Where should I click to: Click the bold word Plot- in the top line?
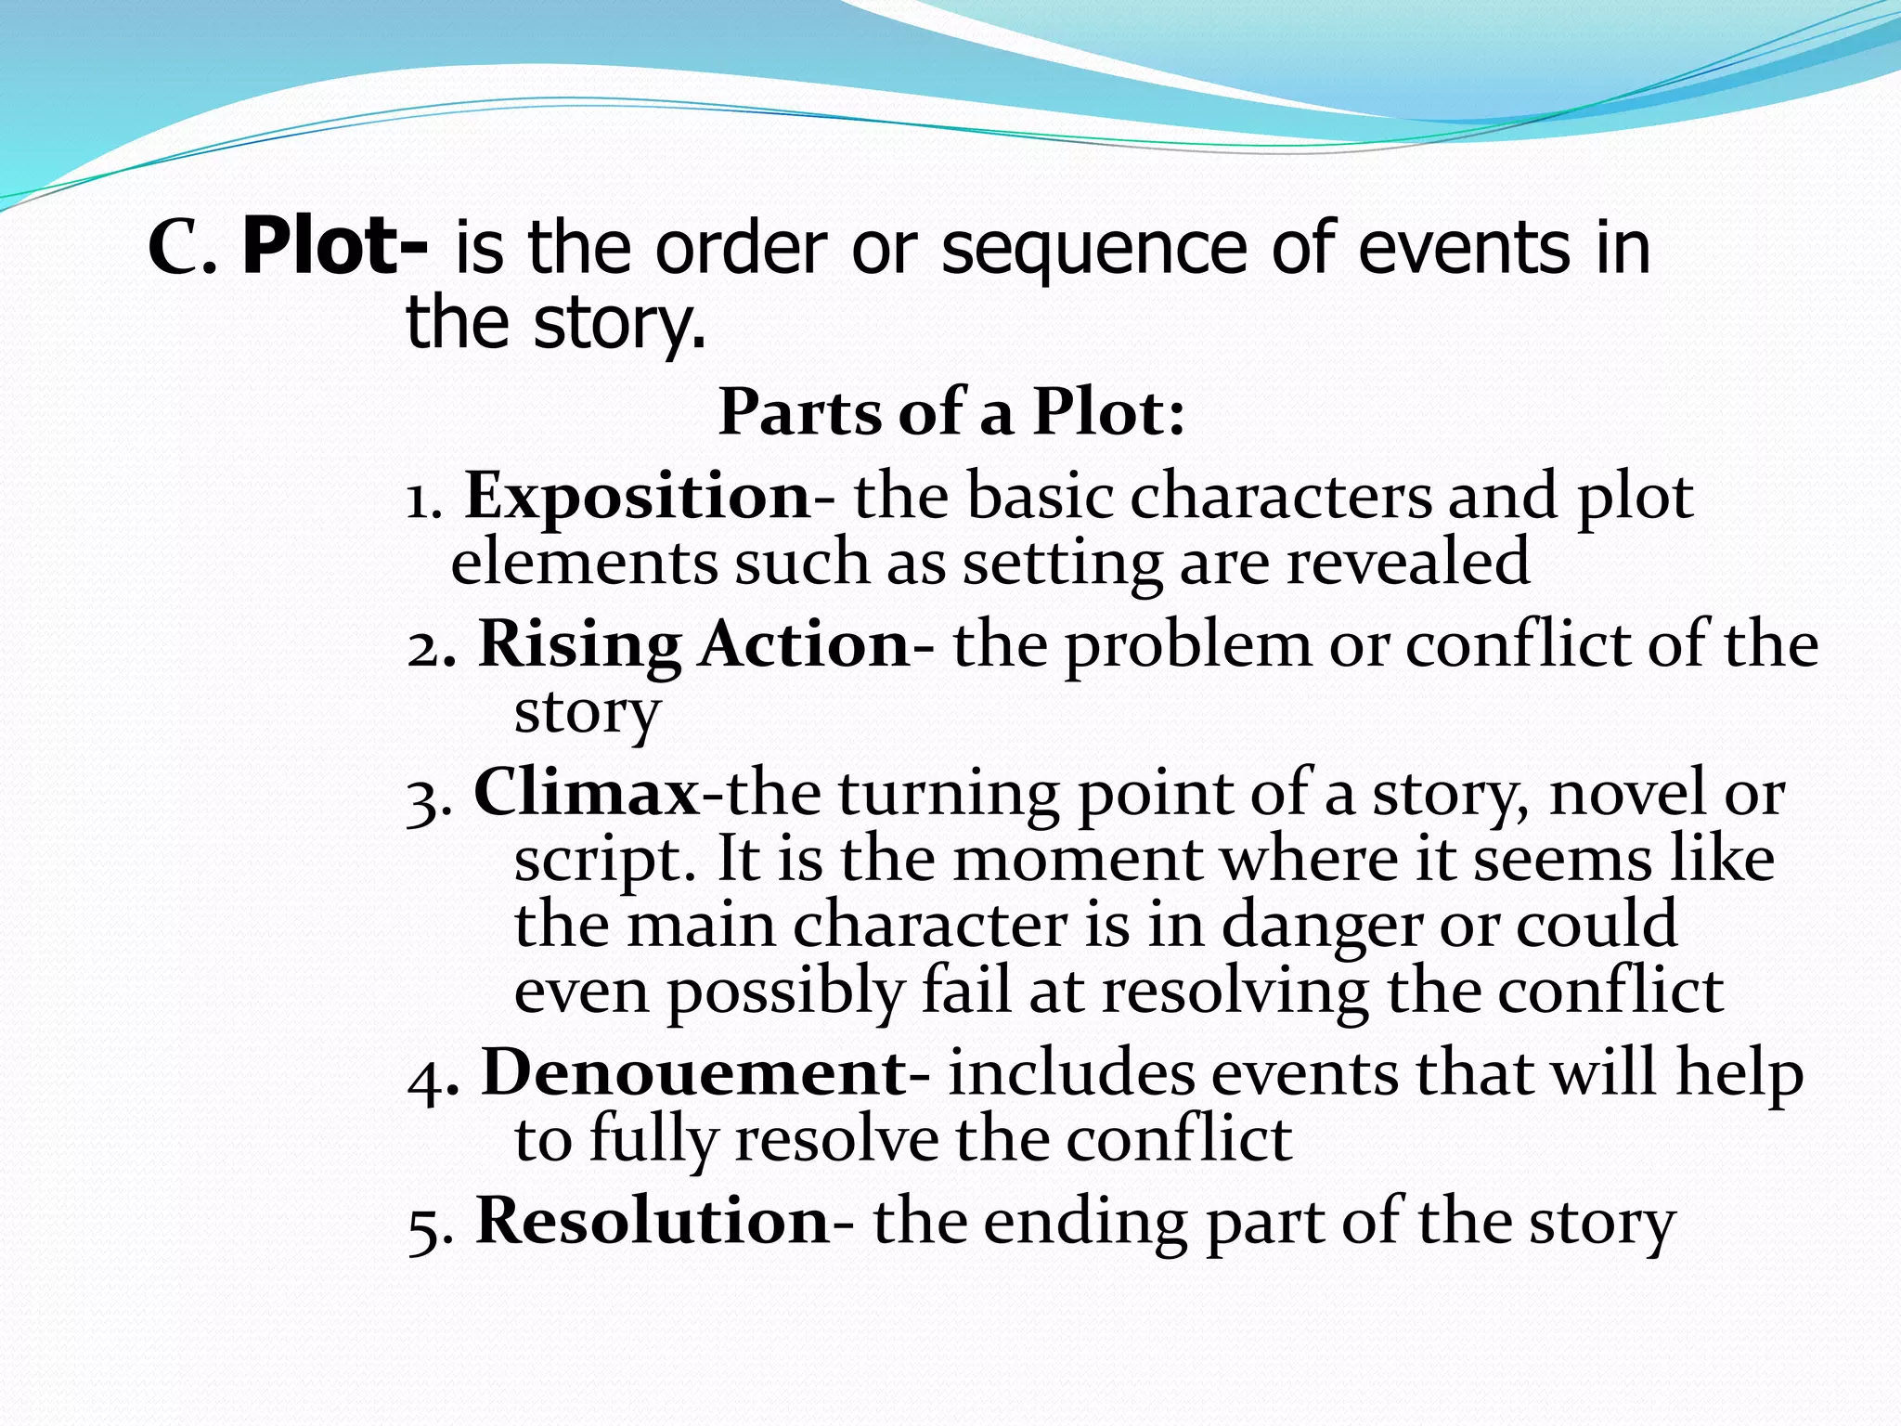pyautogui.click(x=334, y=248)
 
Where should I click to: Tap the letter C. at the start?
pyautogui.click(x=183, y=250)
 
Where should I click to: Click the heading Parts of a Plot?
pyautogui.click(x=951, y=412)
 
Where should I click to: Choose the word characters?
pyautogui.click(x=1281, y=497)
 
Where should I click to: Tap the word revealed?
pyautogui.click(x=1407, y=563)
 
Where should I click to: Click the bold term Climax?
pyautogui.click(x=587, y=795)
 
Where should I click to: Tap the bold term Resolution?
pyautogui.click(x=652, y=1222)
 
